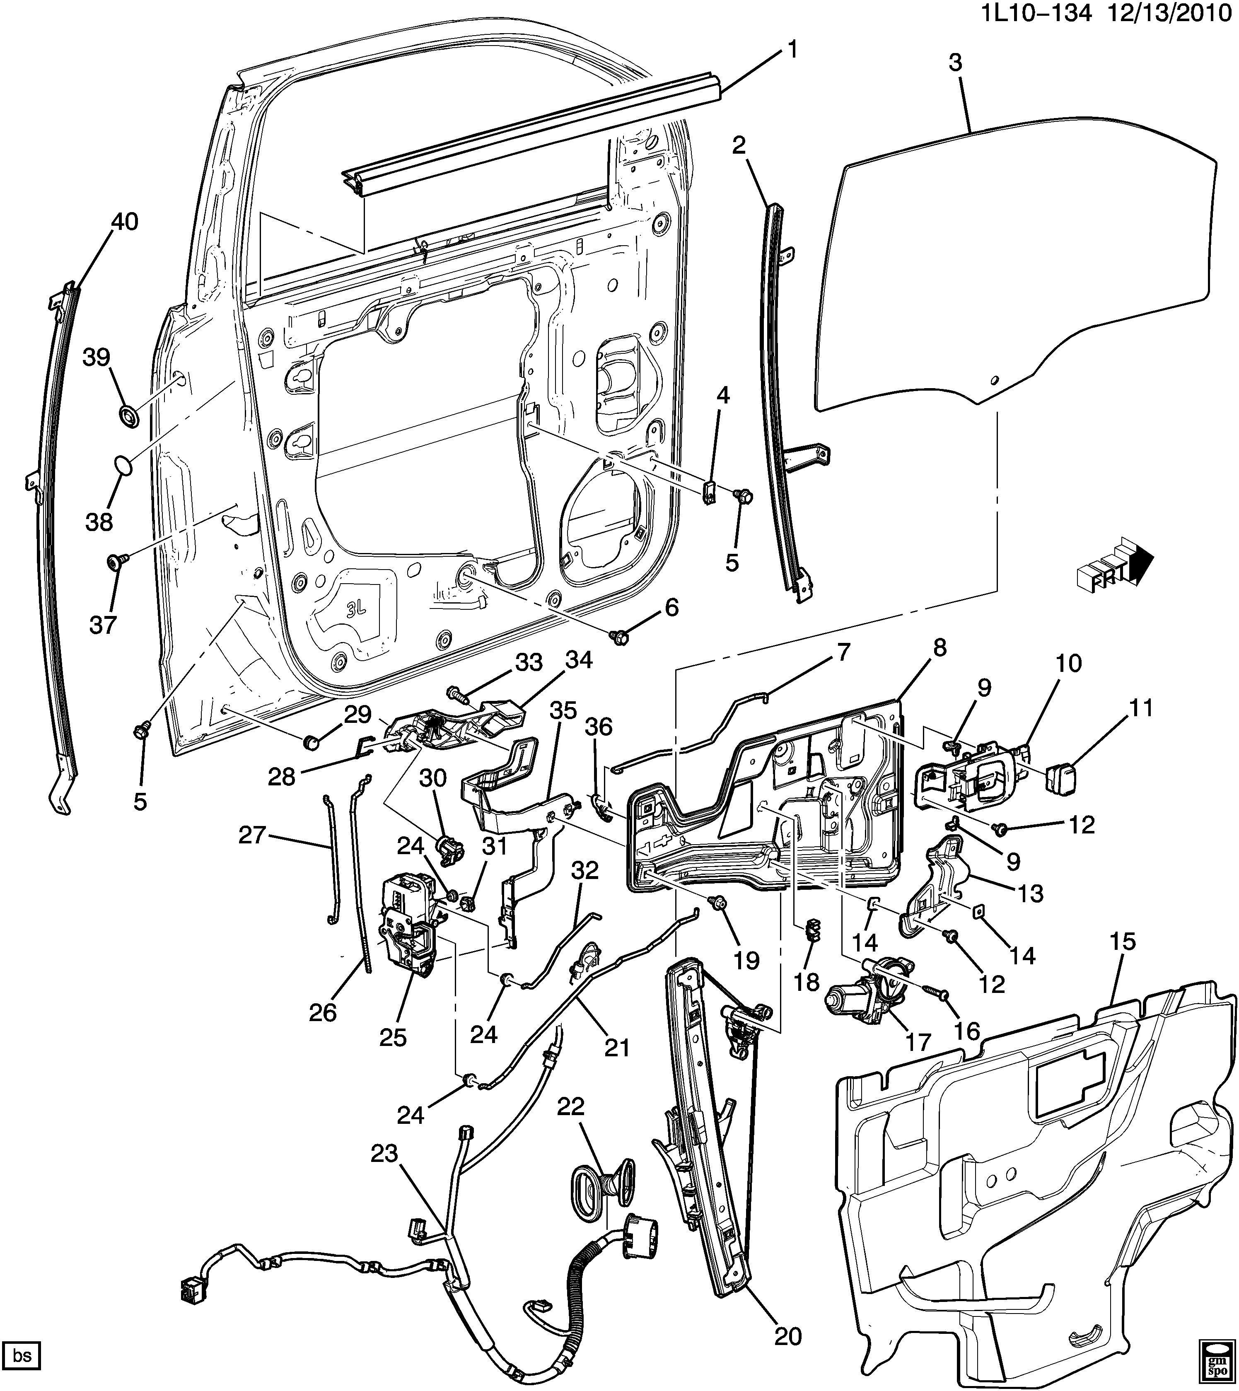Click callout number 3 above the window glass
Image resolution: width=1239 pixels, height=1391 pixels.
click(955, 63)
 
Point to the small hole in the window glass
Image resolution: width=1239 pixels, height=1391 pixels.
click(994, 379)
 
